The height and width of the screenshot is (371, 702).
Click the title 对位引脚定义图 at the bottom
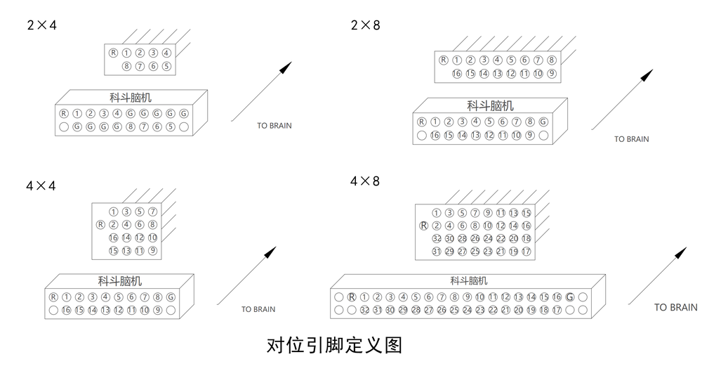(x=334, y=346)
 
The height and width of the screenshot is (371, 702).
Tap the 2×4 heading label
(x=41, y=25)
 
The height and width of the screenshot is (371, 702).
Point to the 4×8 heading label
(x=365, y=181)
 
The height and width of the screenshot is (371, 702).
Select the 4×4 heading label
(x=41, y=186)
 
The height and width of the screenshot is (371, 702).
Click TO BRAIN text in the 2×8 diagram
(x=631, y=139)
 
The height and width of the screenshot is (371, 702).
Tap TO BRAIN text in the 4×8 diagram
(x=675, y=307)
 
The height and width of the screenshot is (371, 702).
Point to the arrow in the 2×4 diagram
(x=261, y=91)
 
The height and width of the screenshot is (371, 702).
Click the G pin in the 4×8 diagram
(x=569, y=297)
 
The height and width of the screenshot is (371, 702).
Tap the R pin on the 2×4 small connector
(x=113, y=53)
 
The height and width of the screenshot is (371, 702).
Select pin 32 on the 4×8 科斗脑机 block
(x=364, y=310)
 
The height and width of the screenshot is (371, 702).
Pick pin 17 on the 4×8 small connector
(x=526, y=252)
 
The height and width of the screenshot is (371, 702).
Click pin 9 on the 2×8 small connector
(x=551, y=74)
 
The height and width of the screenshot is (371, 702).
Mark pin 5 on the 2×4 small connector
(x=166, y=67)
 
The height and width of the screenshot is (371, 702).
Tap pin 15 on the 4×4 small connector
(x=114, y=251)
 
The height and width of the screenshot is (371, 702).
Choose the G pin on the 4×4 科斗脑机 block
(x=171, y=297)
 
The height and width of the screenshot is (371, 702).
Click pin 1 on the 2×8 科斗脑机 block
(x=435, y=122)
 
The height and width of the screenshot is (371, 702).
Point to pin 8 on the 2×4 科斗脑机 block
(x=131, y=127)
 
